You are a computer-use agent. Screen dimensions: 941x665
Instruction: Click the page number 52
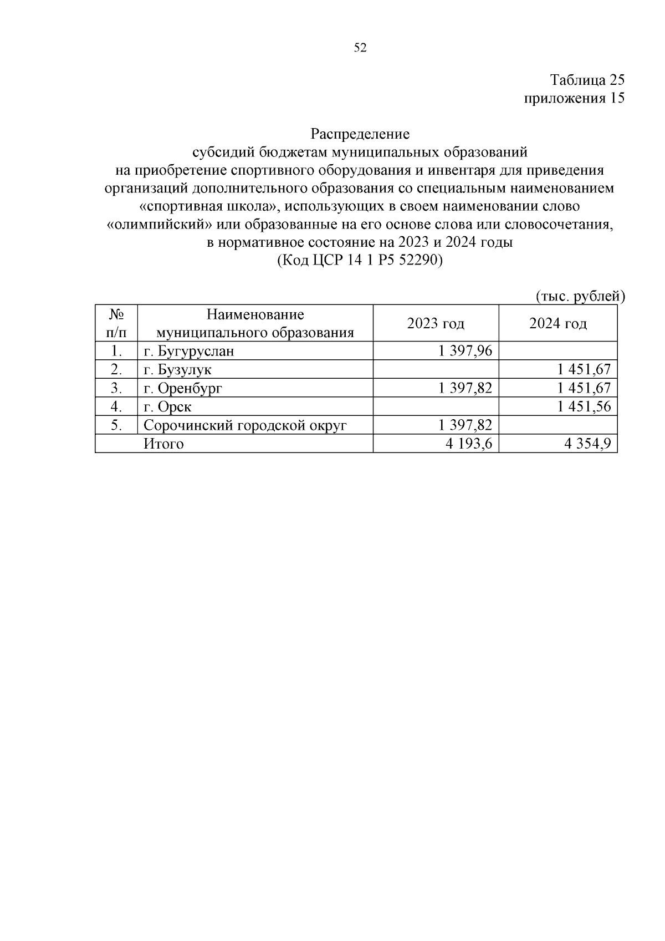tap(360, 48)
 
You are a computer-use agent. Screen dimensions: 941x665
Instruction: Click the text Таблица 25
tap(587, 80)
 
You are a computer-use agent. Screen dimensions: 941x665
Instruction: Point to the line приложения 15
tap(574, 98)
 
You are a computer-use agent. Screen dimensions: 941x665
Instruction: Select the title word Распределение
tap(360, 134)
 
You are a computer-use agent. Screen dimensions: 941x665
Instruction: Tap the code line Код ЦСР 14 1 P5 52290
tap(360, 260)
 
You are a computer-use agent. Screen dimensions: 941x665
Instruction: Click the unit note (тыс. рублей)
tap(580, 297)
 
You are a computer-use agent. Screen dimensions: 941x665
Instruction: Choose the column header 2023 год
tap(436, 323)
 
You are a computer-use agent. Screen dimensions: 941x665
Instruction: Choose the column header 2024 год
tap(557, 323)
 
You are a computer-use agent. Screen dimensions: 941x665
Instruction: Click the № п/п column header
tap(116, 323)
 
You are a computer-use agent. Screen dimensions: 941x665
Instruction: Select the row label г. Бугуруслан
tap(188, 351)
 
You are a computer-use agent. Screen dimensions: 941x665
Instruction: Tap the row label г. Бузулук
tap(177, 370)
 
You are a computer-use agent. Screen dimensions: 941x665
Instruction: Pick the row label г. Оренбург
tap(182, 388)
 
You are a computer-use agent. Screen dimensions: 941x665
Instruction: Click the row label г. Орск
tap(167, 406)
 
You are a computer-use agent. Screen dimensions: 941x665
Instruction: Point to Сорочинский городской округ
tap(245, 425)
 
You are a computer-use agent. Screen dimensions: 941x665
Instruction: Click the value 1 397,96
tap(464, 351)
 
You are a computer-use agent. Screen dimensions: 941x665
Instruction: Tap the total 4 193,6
tap(468, 444)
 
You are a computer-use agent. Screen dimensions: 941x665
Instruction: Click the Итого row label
tap(163, 444)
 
